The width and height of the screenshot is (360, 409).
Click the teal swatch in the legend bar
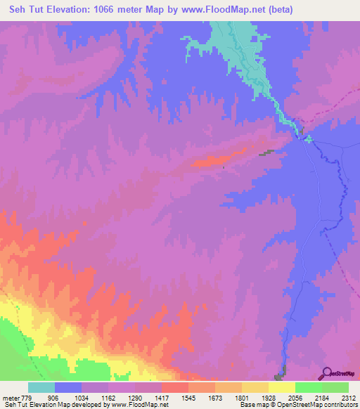point(41,387)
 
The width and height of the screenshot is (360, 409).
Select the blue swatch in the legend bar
point(68,387)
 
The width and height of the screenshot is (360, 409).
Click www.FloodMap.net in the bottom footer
point(143,405)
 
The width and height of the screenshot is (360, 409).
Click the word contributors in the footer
point(340,405)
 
